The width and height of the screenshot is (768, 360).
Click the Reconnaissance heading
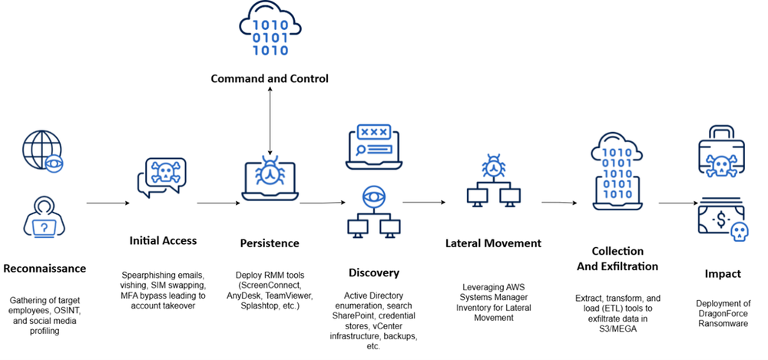click(x=45, y=269)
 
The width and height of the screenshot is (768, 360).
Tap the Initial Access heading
click(x=163, y=240)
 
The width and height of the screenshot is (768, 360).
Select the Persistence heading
click(x=269, y=243)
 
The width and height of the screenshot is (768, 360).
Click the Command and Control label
click(x=270, y=78)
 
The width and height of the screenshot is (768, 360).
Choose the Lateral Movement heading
click(x=493, y=243)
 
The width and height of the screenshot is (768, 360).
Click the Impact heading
click(x=723, y=273)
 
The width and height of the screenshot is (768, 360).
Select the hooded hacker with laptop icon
click(x=44, y=217)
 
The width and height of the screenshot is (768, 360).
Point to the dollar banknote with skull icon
click(x=720, y=219)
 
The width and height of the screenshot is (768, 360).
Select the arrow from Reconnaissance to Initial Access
click(x=107, y=203)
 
